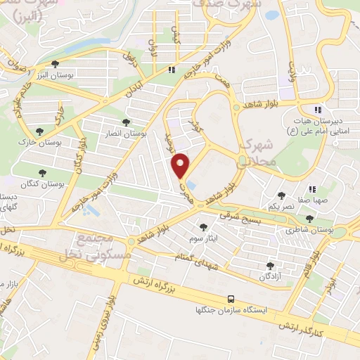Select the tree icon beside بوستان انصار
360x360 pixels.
pos(126,122)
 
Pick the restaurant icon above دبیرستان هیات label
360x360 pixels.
pos(318,110)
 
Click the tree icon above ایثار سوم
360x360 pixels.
pos(203,227)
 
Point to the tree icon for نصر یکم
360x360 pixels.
pos(281,195)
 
